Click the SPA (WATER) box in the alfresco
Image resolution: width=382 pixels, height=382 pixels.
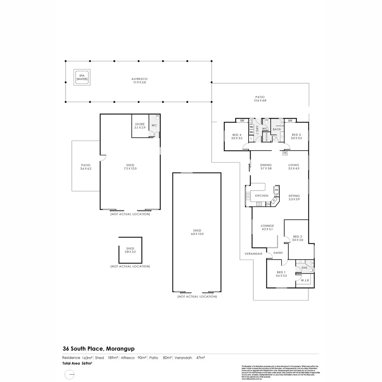(82, 77)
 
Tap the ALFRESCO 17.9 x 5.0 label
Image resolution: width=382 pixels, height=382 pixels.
(139, 80)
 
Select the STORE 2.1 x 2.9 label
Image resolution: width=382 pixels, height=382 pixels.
(140, 126)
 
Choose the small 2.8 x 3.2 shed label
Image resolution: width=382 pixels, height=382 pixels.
(130, 250)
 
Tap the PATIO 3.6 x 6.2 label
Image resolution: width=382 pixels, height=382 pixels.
(86, 167)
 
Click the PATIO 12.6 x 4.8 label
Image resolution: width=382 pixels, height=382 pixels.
(260, 99)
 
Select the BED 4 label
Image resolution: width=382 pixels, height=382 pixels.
(237, 137)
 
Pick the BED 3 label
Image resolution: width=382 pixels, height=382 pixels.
(296, 137)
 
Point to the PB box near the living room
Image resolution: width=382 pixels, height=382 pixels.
(285, 154)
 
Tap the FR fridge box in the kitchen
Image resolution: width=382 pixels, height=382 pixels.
(276, 190)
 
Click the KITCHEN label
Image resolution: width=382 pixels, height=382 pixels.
(262, 196)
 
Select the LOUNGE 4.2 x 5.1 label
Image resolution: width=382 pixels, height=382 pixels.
(267, 227)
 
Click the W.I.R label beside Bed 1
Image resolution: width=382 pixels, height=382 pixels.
(305, 280)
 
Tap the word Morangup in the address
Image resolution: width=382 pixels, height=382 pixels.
(119, 349)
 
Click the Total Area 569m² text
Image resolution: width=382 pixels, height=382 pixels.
(77, 363)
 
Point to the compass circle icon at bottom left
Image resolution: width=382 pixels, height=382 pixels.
(69, 374)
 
